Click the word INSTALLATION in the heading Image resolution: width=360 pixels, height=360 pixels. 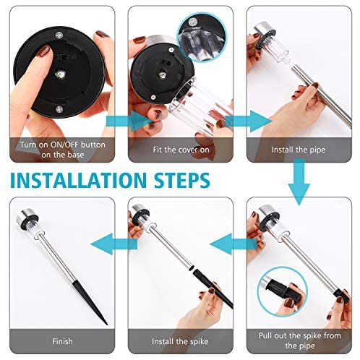[78, 180]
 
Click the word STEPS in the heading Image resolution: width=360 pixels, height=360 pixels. [182, 180]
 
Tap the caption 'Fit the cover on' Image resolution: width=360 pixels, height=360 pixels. [181, 150]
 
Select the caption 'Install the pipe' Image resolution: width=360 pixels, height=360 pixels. [299, 150]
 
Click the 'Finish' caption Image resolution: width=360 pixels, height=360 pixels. [62, 341]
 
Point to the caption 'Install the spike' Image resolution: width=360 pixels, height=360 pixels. [180, 341]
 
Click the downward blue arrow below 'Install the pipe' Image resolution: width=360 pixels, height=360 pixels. [299, 182]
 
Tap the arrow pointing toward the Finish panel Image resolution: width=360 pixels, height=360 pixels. [113, 244]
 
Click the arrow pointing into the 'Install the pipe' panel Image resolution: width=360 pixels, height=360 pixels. [248, 121]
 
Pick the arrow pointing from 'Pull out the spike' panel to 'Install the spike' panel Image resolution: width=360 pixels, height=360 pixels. [233, 244]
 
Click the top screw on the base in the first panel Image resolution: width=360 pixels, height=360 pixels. [59, 35]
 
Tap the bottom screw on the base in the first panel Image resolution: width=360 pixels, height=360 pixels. [59, 109]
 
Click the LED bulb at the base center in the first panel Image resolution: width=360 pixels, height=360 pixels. [59, 74]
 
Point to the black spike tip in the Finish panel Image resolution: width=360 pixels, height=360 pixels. [107, 325]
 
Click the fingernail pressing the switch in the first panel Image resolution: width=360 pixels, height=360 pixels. [45, 51]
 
